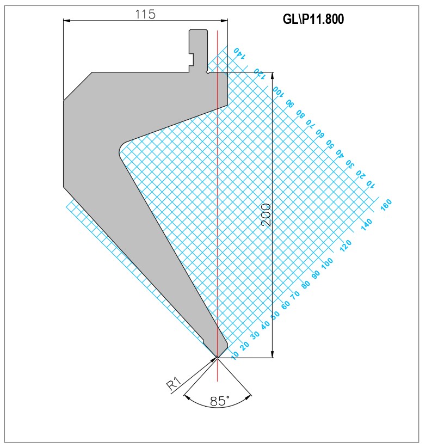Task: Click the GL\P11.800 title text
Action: [x=313, y=20]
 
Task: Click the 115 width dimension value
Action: [x=145, y=14]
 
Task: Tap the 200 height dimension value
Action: [x=266, y=215]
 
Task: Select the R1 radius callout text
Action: [x=174, y=383]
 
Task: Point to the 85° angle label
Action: [x=220, y=401]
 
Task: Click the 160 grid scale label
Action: [x=386, y=205]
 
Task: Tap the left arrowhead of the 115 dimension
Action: [x=67, y=20]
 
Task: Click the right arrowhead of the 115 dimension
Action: [x=224, y=20]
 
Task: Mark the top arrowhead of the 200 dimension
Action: [x=273, y=76]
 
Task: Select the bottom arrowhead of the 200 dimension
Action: [x=273, y=354]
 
